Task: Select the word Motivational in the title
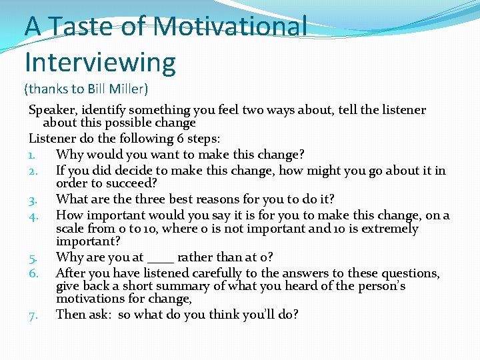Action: [230, 27]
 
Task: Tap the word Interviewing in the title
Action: [100, 62]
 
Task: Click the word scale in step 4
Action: [71, 229]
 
